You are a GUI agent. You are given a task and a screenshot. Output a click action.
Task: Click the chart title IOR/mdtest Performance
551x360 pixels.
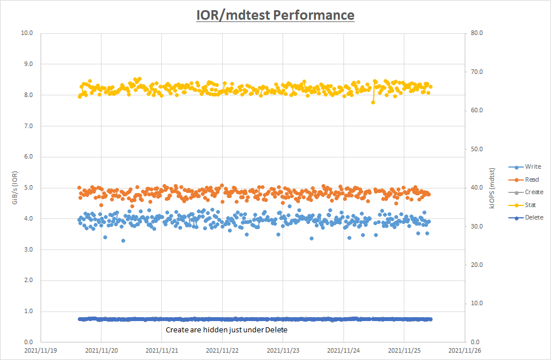click(x=275, y=15)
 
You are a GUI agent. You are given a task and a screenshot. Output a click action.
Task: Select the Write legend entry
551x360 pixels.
click(x=532, y=167)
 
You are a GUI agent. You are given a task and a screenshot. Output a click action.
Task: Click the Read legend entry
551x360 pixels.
click(x=532, y=179)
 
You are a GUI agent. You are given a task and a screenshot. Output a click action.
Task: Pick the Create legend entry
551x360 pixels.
click(x=534, y=192)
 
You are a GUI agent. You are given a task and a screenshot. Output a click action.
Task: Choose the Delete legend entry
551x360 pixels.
click(x=534, y=217)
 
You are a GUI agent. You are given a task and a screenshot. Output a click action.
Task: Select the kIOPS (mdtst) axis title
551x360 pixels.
click(x=492, y=188)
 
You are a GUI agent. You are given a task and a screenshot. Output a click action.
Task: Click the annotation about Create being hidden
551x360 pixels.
click(x=227, y=330)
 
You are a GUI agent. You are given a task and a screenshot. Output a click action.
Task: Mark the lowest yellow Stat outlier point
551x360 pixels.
click(x=373, y=102)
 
